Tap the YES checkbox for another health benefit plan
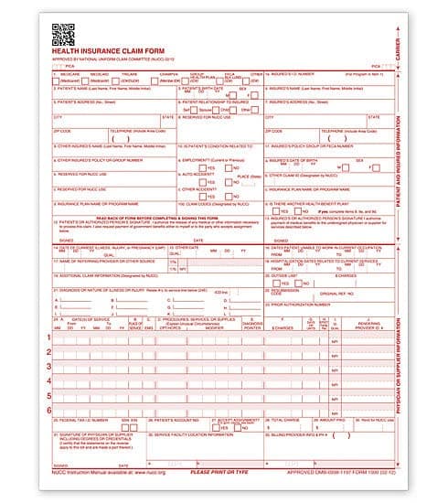pos(277,210)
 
